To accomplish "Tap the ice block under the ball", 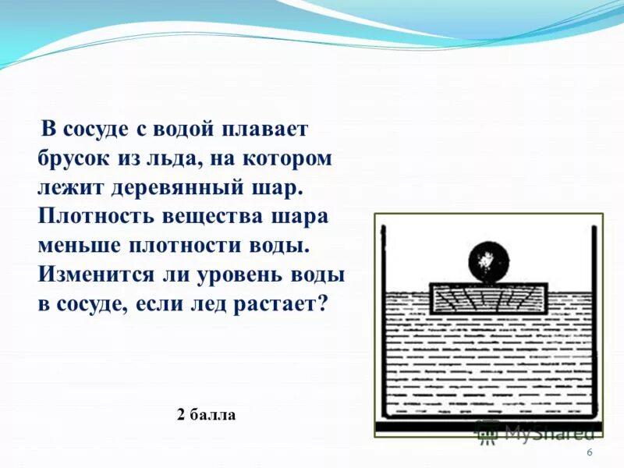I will click(489, 298).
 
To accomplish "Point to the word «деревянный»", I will click(186, 186).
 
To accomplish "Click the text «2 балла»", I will click(206, 415).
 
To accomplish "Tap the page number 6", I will click(589, 453).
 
